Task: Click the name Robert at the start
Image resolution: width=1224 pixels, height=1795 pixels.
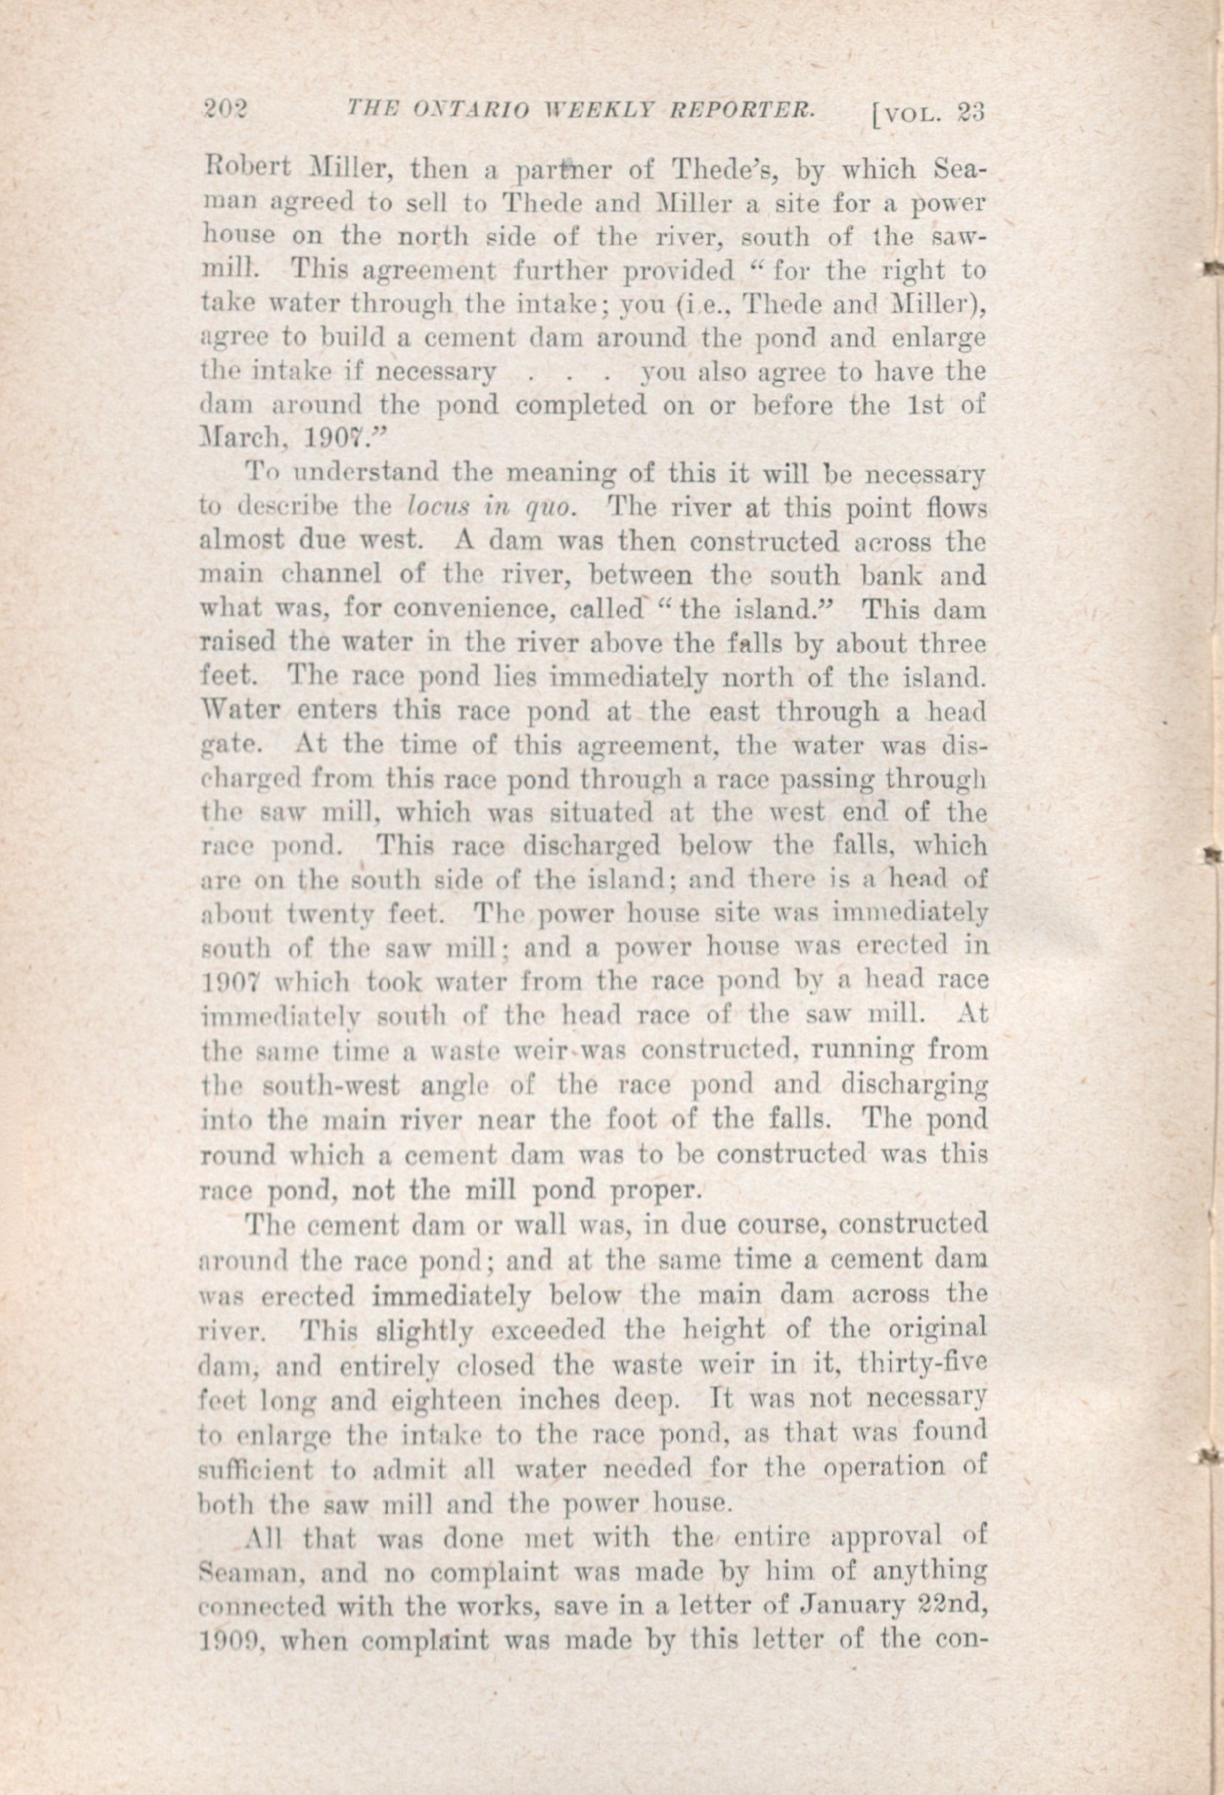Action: pyautogui.click(x=237, y=168)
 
